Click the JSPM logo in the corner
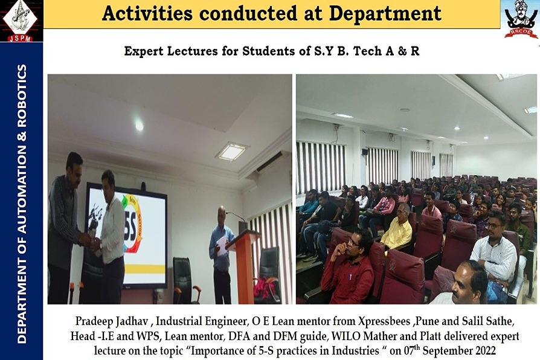coord(21,21)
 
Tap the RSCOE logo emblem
coord(521,19)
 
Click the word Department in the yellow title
coord(385,14)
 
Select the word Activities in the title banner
coord(147,14)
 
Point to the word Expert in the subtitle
coord(144,51)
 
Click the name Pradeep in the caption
coord(94,322)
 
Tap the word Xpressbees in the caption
coord(384,322)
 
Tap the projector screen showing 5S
coord(127,235)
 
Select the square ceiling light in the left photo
coord(232,151)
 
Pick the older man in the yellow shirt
coord(398,227)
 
